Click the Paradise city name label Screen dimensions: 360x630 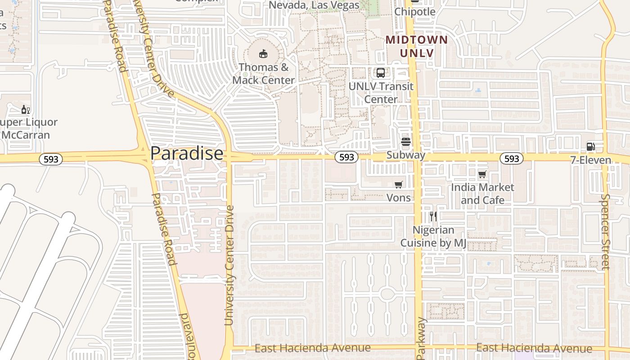pyautogui.click(x=186, y=153)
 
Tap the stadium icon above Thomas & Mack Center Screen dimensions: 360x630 pyautogui.click(x=263, y=54)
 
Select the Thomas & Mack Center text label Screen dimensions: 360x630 pyautogui.click(x=263, y=74)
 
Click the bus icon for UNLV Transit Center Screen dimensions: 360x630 pyautogui.click(x=380, y=72)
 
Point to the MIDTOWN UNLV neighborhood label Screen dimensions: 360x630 pyautogui.click(x=417, y=46)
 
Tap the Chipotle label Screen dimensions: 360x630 pyautogui.click(x=414, y=12)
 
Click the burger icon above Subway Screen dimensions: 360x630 pyautogui.click(x=405, y=142)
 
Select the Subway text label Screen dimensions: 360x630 pyautogui.click(x=405, y=155)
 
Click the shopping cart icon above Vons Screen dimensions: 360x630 pyautogui.click(x=398, y=184)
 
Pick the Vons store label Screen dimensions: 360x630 pyautogui.click(x=398, y=198)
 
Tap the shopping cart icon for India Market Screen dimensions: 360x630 pyautogui.click(x=482, y=174)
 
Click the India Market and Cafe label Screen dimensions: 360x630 pyautogui.click(x=482, y=193)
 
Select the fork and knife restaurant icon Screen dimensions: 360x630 pyautogui.click(x=433, y=216)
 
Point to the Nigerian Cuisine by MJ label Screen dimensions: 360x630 pyautogui.click(x=433, y=236)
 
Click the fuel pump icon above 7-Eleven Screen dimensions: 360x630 pyautogui.click(x=590, y=146)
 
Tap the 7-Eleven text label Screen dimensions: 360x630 pyautogui.click(x=590, y=160)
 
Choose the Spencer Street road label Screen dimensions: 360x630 pyautogui.click(x=605, y=232)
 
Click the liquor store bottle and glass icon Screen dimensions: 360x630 pyautogui.click(x=26, y=109)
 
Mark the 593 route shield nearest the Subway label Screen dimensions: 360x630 pyautogui.click(x=346, y=157)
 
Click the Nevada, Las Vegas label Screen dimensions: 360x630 pyautogui.click(x=314, y=5)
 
